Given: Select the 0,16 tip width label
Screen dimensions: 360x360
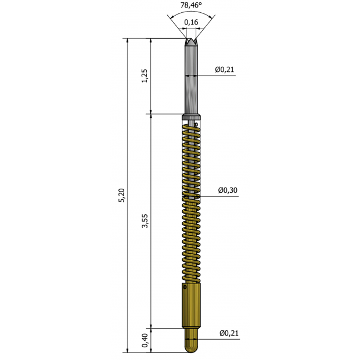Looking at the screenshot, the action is pos(191,22).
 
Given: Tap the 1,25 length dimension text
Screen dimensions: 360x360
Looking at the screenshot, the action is pos(145,75).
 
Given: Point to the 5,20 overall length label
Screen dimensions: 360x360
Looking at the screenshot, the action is pos(121,195).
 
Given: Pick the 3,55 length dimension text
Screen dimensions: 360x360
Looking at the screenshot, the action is pos(145,221).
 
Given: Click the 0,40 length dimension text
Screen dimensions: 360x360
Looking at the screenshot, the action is pos(145,340).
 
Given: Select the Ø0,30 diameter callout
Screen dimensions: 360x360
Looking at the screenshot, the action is pos(228,190).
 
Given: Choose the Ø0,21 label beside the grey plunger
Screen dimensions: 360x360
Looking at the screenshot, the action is pos(225,69).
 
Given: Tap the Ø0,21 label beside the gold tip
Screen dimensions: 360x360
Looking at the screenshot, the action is pos(229,333).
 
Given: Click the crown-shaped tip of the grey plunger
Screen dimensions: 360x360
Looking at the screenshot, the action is pos(191,42).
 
